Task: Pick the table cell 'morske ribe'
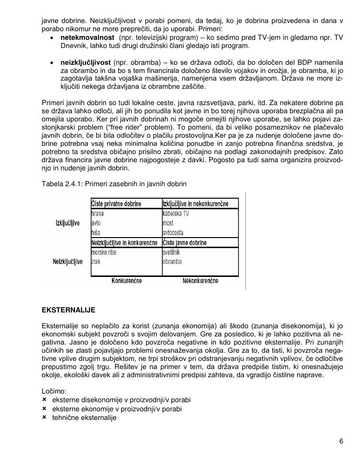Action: click(x=104, y=252)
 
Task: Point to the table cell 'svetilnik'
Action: click(x=172, y=252)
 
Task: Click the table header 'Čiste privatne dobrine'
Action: click(x=116, y=204)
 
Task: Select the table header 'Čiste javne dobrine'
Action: click(x=184, y=243)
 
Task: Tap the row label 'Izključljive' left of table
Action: click(x=68, y=224)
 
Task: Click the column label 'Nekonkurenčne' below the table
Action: click(x=201, y=281)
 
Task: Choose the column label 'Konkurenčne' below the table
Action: click(x=127, y=281)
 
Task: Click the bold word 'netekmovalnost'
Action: click(x=87, y=37)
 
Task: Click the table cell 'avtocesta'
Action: click(x=173, y=233)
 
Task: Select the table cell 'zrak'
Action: click(x=96, y=262)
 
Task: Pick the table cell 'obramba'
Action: click(x=172, y=262)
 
